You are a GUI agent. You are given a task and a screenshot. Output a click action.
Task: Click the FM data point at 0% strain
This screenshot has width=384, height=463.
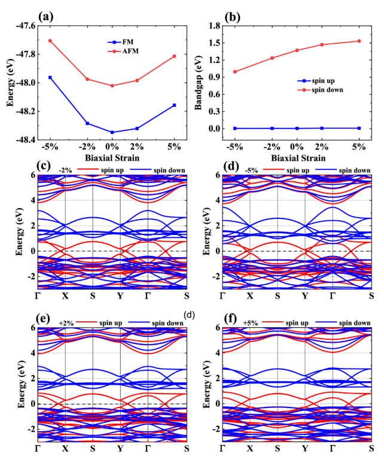pos(112,132)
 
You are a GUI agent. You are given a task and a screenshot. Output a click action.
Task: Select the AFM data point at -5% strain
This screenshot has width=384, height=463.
pos(50,41)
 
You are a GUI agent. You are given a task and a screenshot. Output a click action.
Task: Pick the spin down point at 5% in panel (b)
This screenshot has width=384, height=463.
pos(359,41)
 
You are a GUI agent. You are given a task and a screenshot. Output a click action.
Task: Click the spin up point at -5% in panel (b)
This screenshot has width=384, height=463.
pos(235,129)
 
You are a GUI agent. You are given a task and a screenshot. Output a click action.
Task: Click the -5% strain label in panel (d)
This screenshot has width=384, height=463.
pos(252,170)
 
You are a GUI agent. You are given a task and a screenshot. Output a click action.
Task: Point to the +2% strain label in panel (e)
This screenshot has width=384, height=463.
pos(65,323)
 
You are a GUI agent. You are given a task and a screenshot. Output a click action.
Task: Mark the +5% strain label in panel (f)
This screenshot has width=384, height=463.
pos(251,323)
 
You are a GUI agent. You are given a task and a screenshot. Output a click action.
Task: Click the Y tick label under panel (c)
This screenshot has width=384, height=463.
pos(120,295)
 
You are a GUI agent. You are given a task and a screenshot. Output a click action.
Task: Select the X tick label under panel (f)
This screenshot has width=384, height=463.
pos(250,447)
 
